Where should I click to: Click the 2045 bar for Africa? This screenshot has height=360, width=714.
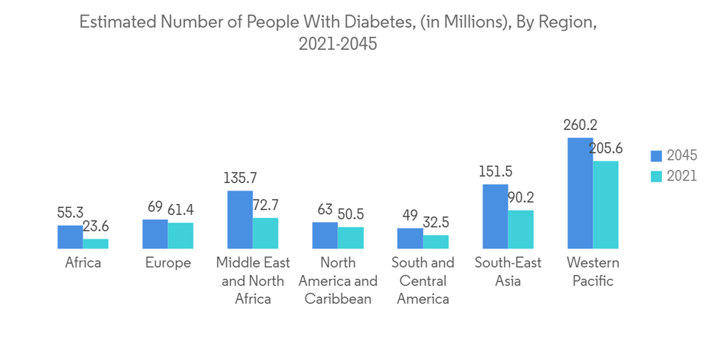[70, 237]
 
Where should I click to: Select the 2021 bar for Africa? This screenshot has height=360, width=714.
[96, 244]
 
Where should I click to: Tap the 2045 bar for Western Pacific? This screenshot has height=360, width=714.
[580, 193]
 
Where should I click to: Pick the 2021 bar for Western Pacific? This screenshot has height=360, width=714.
[605, 204]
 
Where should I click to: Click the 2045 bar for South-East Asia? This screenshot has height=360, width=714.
[495, 216]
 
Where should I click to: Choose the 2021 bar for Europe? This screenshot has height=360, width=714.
[181, 236]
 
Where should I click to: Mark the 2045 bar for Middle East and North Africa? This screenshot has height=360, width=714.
[240, 219]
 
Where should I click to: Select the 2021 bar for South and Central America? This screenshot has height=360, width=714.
[436, 241]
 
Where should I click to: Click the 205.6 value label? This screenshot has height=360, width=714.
[607, 149]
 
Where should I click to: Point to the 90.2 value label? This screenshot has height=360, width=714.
[521, 198]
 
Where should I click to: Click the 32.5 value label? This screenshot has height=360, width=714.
[436, 223]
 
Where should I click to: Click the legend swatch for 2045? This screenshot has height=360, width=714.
[658, 155]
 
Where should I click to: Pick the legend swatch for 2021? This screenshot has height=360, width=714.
[658, 176]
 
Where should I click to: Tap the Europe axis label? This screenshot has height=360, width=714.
[168, 263]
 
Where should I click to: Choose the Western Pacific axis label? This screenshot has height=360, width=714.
[593, 271]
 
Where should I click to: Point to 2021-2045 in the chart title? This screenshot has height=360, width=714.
[338, 44]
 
